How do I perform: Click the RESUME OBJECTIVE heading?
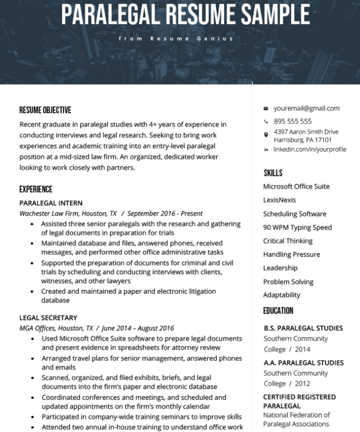45,110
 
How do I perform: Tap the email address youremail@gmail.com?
306,108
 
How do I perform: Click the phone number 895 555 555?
292,121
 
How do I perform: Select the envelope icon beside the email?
266,109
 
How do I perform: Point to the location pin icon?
266,135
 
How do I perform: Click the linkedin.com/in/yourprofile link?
310,149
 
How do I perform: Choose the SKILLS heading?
273,173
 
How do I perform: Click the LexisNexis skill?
279,200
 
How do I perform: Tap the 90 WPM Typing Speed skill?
297,228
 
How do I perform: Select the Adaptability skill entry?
281,295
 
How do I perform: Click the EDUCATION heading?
278,311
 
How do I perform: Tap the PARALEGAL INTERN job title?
51,203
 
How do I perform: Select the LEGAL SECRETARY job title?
48,318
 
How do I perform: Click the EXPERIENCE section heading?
36,189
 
